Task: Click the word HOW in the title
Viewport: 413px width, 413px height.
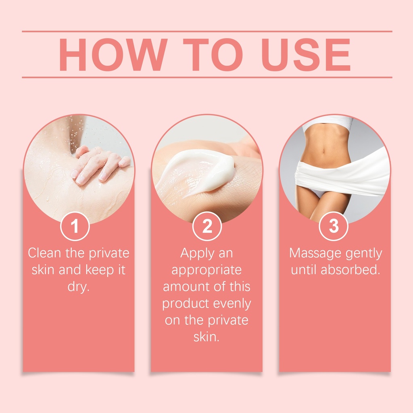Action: [113, 55]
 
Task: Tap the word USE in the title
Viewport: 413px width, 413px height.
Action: [306, 55]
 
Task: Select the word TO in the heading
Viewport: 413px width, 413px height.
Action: [213, 55]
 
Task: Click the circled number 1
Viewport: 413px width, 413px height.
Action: [75, 226]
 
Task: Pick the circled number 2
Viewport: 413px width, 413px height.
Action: [207, 226]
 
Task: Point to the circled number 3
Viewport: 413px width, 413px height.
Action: [334, 226]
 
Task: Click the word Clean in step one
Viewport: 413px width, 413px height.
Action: [44, 253]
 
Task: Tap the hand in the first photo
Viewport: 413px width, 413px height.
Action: [100, 164]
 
